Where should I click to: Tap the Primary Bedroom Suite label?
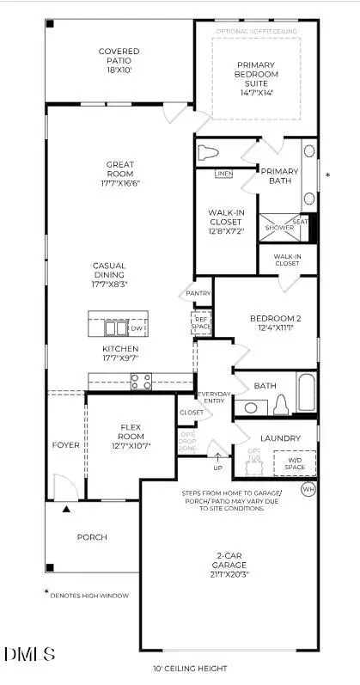point(256,76)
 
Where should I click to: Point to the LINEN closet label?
point(223,174)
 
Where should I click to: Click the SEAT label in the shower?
point(300,222)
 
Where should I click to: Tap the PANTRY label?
point(198,293)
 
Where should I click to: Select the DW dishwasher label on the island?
point(137,327)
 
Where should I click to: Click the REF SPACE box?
point(200,323)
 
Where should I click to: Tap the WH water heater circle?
point(308,488)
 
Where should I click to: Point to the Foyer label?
point(65,444)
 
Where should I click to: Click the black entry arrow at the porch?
point(65,510)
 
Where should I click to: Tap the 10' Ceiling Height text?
point(190,667)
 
